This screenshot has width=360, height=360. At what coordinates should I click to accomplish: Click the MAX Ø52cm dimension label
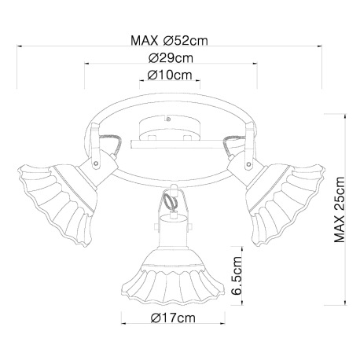169,41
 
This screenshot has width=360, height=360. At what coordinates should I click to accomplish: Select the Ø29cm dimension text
171,58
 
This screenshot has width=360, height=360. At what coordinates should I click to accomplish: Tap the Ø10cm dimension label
170,75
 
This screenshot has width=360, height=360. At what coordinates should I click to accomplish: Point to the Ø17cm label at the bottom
173,318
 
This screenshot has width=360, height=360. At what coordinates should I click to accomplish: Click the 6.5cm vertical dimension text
237,276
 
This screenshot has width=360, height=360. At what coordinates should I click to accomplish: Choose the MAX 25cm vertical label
340,210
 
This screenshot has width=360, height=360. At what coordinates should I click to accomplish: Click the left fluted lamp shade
57,203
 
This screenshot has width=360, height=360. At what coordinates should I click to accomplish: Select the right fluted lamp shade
285,203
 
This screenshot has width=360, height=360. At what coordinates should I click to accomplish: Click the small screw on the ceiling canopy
168,119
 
